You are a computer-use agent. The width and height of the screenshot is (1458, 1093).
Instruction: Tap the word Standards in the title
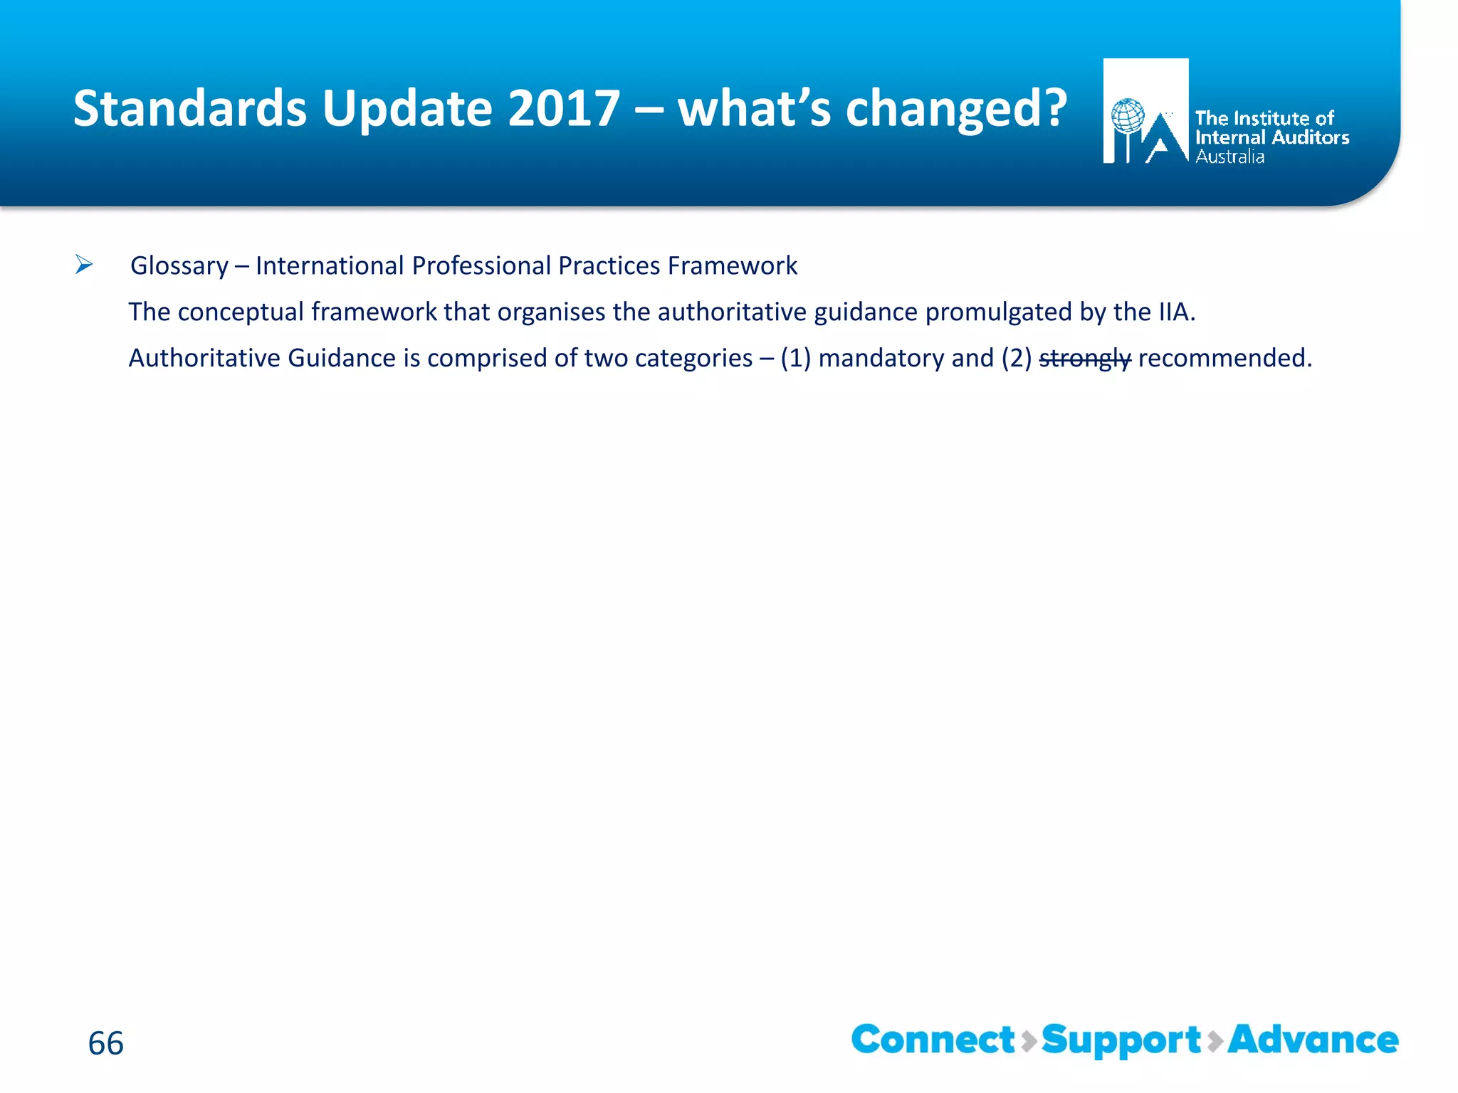(x=190, y=108)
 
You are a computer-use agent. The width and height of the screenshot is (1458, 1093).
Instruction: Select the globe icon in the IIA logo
(x=1128, y=116)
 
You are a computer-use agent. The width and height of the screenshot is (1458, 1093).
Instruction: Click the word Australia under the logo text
(x=1229, y=157)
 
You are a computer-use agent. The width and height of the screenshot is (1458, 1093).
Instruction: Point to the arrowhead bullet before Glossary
(x=84, y=265)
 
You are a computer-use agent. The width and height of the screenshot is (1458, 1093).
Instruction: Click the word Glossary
(x=179, y=265)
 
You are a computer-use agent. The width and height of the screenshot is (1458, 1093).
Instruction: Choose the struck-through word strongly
(x=1084, y=358)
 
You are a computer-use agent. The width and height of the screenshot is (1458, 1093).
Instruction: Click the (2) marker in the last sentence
(x=1016, y=358)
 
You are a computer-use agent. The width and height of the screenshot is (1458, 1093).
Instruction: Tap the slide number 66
(x=105, y=1043)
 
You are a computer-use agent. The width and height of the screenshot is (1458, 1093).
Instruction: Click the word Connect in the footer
(x=933, y=1040)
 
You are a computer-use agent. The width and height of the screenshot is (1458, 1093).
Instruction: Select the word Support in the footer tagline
(x=1121, y=1040)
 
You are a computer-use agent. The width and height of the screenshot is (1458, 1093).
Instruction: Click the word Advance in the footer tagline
(x=1313, y=1040)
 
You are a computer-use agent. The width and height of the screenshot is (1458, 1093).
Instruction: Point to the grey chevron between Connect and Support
(x=1029, y=1041)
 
